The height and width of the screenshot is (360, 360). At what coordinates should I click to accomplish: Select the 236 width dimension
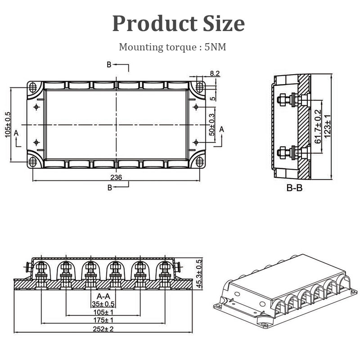(116, 177)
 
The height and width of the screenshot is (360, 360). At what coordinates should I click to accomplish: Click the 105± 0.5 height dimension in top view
(8, 125)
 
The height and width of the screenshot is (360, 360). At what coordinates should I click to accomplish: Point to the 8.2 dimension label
(215, 73)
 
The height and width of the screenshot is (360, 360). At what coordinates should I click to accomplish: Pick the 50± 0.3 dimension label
(211, 126)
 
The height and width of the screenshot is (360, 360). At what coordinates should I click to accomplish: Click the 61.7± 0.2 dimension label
(319, 126)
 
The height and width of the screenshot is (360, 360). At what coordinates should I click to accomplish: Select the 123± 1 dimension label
(328, 126)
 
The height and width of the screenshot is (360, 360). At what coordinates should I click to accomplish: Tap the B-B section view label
(294, 188)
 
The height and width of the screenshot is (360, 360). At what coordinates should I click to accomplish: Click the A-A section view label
(103, 296)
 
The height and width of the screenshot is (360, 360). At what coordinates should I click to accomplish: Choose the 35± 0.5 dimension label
(103, 304)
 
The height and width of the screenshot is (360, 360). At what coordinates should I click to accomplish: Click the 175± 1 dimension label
(103, 320)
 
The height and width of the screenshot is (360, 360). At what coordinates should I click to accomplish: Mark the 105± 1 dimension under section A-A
(103, 312)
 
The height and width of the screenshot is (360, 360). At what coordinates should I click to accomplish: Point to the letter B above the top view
(109, 65)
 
